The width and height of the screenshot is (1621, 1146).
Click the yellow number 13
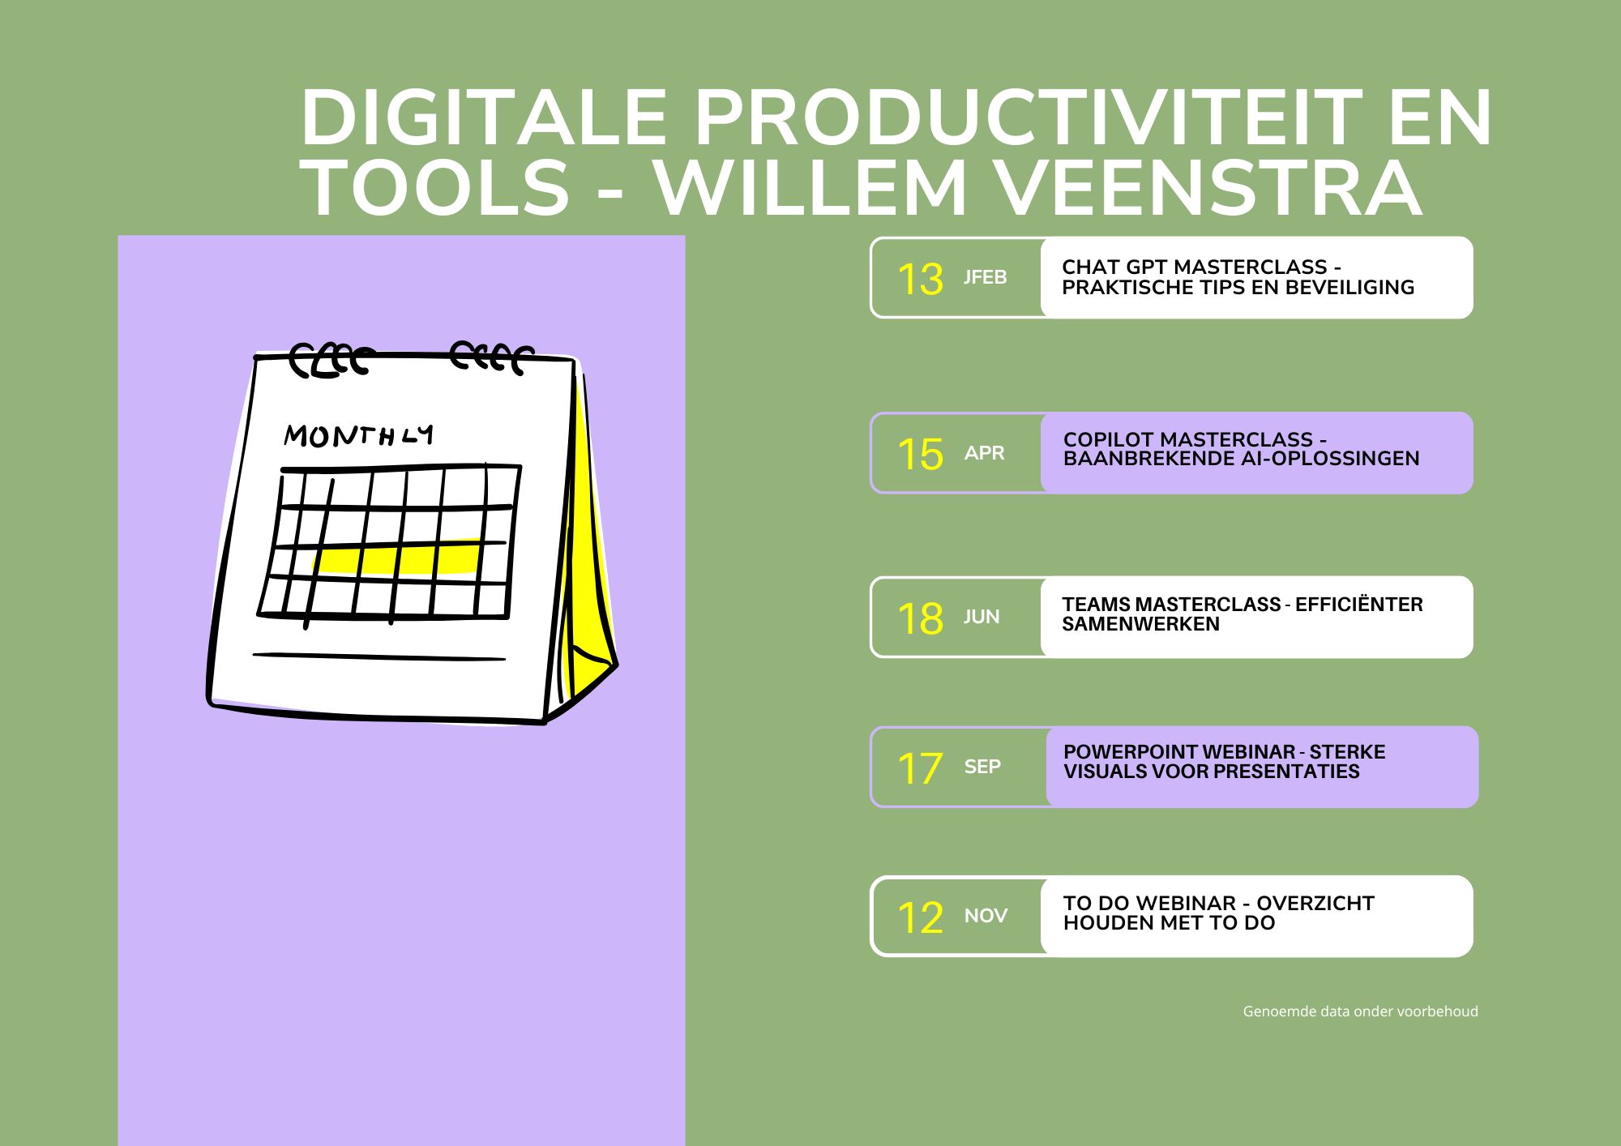[920, 279]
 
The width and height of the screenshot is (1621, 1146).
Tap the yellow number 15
[920, 454]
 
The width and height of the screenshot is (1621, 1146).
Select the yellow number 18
[920, 618]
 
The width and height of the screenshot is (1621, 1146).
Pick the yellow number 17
[920, 768]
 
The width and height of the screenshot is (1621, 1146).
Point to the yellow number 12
[920, 917]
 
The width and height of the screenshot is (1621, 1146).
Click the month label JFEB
[985, 277]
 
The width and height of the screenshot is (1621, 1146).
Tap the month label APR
[984, 453]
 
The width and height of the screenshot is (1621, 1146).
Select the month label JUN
[982, 617]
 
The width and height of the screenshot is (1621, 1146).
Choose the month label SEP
[982, 767]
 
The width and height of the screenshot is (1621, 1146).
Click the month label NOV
[986, 916]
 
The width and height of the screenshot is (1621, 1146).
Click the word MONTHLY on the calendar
[358, 436]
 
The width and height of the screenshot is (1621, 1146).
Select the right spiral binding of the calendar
[492, 357]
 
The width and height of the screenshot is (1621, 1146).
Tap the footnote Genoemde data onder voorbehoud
[1361, 1011]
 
